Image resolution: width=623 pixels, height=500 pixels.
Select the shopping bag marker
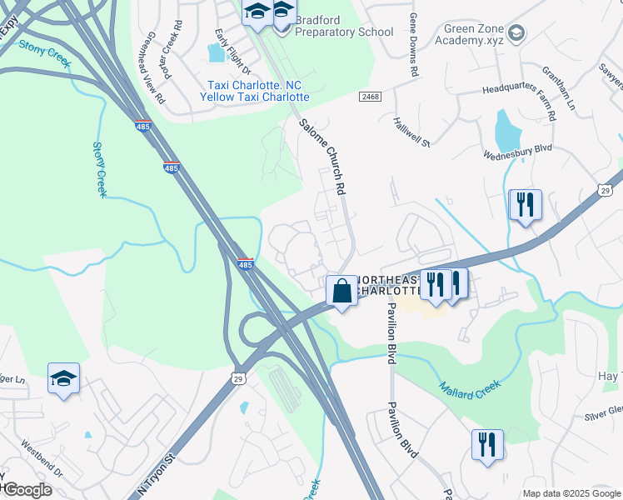tap(341, 292)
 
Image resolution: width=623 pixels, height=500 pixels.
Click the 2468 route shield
tap(371, 97)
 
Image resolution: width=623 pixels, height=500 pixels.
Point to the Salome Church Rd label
tap(323, 156)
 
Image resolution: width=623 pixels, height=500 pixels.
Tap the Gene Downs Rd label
tap(412, 46)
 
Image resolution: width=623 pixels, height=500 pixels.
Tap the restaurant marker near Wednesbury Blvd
tap(525, 204)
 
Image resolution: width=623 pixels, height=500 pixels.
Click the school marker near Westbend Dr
tap(64, 379)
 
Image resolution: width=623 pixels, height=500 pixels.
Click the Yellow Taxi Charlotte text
tap(254, 97)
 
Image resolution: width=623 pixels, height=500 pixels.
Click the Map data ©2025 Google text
tap(571, 492)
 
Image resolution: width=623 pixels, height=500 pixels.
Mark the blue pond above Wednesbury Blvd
tap(506, 130)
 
